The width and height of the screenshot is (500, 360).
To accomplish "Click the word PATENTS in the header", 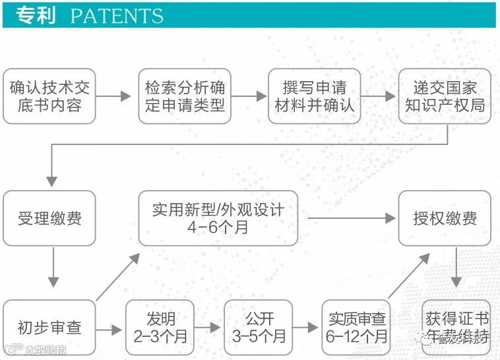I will (x=117, y=16).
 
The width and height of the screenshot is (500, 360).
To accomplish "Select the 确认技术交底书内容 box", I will (x=49, y=96).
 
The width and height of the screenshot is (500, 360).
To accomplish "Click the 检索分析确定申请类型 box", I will (x=185, y=96).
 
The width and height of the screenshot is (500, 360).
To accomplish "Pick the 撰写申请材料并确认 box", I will (x=314, y=96).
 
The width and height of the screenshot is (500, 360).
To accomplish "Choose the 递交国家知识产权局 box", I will (x=445, y=96).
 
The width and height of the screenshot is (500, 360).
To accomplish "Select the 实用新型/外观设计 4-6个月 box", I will (x=218, y=218).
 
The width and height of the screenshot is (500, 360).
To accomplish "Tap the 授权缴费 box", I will (x=445, y=218).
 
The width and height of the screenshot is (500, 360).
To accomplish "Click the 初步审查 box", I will (x=49, y=327).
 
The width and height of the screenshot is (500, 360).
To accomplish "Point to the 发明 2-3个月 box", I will (x=161, y=327).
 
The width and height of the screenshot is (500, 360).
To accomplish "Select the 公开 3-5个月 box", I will (x=259, y=327).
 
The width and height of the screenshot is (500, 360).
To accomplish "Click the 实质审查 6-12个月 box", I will (x=357, y=327).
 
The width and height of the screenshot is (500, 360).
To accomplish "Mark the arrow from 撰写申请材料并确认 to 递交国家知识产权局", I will (x=379, y=96).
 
